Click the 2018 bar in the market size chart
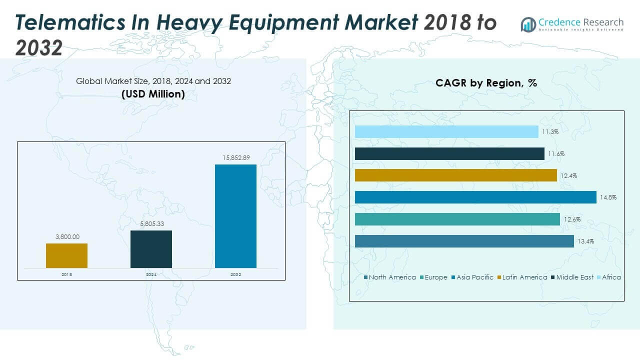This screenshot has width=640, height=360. point(66,255)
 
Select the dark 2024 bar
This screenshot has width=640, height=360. point(151,249)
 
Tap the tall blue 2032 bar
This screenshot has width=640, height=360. point(235,216)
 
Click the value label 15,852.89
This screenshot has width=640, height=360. point(235,157)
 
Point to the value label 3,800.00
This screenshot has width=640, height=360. point(66,237)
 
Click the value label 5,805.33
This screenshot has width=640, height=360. point(151,223)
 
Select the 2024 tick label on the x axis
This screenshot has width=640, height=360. point(151,274)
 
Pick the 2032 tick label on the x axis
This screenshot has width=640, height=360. point(235,274)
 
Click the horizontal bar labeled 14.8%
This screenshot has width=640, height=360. point(475,197)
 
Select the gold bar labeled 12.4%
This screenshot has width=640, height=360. point(455,175)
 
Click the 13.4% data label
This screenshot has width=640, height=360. point(585,241)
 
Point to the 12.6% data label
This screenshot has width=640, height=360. point(571,219)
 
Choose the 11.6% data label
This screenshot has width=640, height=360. point(556,154)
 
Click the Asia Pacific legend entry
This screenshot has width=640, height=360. point(472,277)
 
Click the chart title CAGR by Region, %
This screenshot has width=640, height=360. point(486,83)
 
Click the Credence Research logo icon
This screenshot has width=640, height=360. point(528,24)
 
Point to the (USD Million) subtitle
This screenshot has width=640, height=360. point(153,93)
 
